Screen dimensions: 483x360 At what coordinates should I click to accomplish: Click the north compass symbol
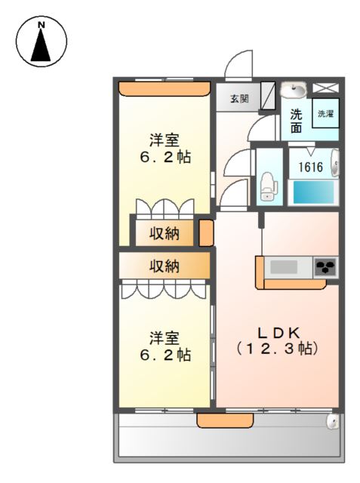click(x=42, y=42)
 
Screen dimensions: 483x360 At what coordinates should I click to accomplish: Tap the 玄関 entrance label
click(x=239, y=99)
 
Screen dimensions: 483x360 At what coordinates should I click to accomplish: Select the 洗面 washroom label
click(x=297, y=122)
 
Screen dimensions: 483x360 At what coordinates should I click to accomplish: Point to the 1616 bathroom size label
click(x=311, y=167)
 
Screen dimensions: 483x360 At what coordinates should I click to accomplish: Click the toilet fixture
click(x=267, y=186)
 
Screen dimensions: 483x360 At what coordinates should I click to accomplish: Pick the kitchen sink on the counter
click(x=285, y=266)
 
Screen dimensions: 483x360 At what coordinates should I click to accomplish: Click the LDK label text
click(x=277, y=333)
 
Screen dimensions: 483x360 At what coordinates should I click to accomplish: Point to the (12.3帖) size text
click(x=277, y=349)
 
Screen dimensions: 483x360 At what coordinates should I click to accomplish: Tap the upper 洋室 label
click(x=164, y=140)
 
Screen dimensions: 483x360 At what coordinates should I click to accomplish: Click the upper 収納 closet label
click(x=163, y=232)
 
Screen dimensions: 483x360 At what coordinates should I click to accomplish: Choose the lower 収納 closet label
click(x=163, y=266)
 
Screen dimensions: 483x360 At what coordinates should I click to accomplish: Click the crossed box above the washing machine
click(x=326, y=88)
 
